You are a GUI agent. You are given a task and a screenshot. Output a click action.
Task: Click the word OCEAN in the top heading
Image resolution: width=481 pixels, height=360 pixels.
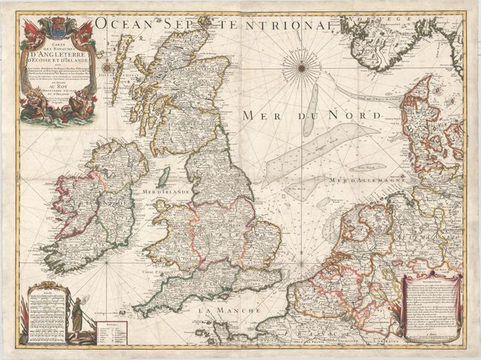pos(121,25)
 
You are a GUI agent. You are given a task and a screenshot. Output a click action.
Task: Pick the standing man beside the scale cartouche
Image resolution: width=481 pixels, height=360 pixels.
pos(74,316)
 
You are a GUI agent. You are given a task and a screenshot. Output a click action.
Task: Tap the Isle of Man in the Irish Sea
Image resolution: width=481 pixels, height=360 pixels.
pos(164,177)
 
